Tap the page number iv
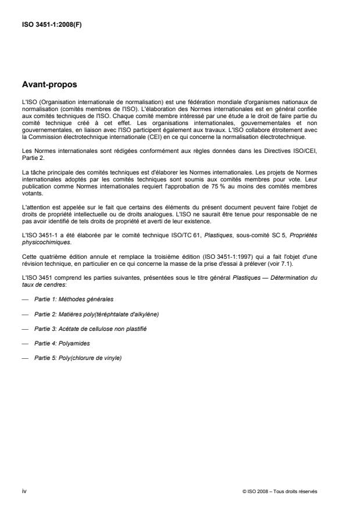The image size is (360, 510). (x=23, y=491)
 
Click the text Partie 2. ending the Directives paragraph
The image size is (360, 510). (x=30, y=159)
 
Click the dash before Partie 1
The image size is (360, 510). (x=24, y=299)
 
